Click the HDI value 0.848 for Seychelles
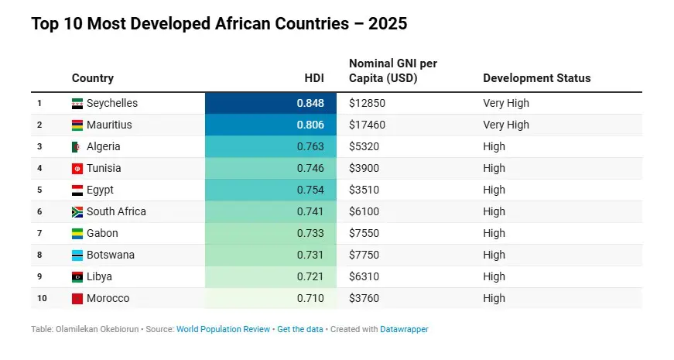coord(310,103)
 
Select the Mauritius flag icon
coord(77,125)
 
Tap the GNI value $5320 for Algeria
coord(364,146)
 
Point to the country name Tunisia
coord(104,168)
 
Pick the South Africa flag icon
coord(77,211)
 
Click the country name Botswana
coord(111,255)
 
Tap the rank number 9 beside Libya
coord(39,276)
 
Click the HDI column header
coord(314,78)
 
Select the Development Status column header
coord(536,78)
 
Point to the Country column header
coord(93,78)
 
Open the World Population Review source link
coord(223,329)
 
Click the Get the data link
coord(300,329)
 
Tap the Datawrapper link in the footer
coord(404,329)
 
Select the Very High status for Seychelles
coord(506,103)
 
